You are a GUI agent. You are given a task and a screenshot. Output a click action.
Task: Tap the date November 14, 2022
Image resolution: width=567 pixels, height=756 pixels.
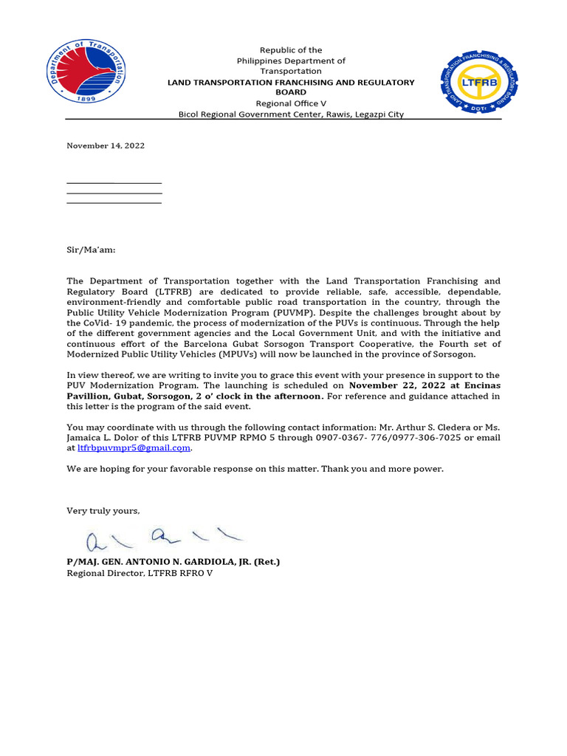(x=106, y=145)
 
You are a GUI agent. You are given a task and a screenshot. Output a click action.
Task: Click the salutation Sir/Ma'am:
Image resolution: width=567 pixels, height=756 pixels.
(x=91, y=250)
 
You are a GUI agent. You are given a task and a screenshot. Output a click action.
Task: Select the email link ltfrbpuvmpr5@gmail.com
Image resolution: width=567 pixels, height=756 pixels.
(x=134, y=447)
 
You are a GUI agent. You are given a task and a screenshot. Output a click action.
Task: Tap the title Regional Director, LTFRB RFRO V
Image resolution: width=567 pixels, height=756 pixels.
(x=140, y=573)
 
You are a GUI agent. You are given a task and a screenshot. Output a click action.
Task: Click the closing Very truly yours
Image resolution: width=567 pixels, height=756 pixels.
(x=103, y=511)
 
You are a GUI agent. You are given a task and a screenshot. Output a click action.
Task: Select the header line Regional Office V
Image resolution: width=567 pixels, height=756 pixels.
(x=290, y=104)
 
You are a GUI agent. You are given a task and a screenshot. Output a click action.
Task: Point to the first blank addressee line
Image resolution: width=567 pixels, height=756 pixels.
(x=114, y=182)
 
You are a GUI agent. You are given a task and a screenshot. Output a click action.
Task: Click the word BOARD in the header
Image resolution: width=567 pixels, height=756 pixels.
(x=290, y=93)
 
